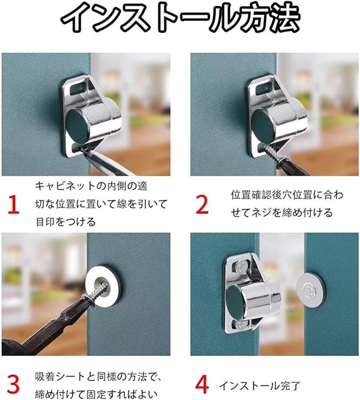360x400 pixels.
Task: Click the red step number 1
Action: point(13,204)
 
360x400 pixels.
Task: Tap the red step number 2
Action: point(202,204)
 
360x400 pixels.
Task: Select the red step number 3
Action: point(13,384)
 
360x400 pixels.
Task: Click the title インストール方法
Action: point(180,18)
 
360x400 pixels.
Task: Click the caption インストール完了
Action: point(260,386)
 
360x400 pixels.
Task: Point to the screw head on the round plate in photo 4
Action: point(310,289)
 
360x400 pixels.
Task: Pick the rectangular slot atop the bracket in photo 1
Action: point(78,88)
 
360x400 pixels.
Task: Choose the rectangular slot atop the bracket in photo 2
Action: point(264,88)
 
